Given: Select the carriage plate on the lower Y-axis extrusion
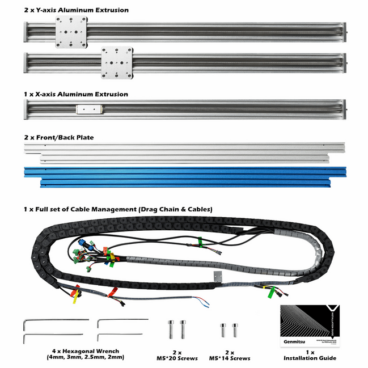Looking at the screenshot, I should coord(117,62).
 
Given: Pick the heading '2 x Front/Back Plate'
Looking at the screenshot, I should coord(59,137).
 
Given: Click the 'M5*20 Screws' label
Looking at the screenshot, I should coord(176,358).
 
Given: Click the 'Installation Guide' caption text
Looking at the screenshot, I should coord(310,358).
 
